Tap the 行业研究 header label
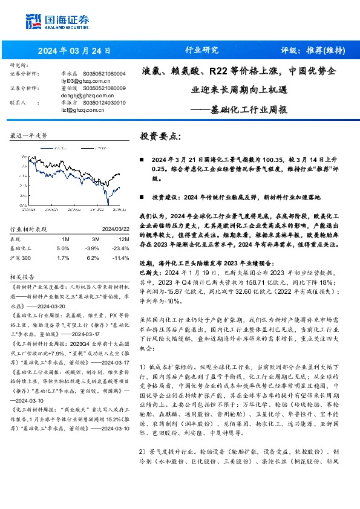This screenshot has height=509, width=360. [x=200, y=51]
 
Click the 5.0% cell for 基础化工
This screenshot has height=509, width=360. [x=62, y=248]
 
